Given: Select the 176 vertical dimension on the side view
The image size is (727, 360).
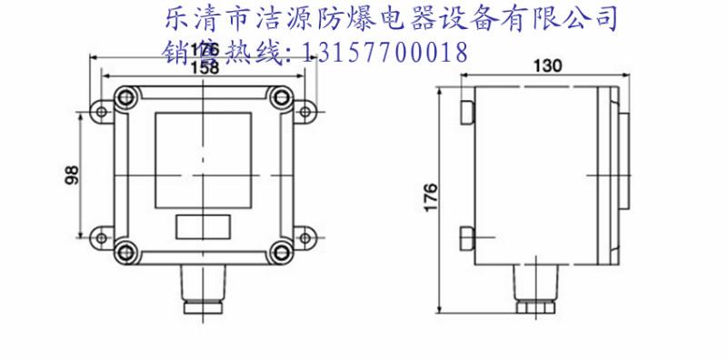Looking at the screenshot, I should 431,195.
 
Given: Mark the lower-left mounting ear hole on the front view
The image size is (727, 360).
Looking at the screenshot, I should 102,235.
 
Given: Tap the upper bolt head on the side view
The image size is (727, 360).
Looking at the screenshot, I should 468,112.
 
